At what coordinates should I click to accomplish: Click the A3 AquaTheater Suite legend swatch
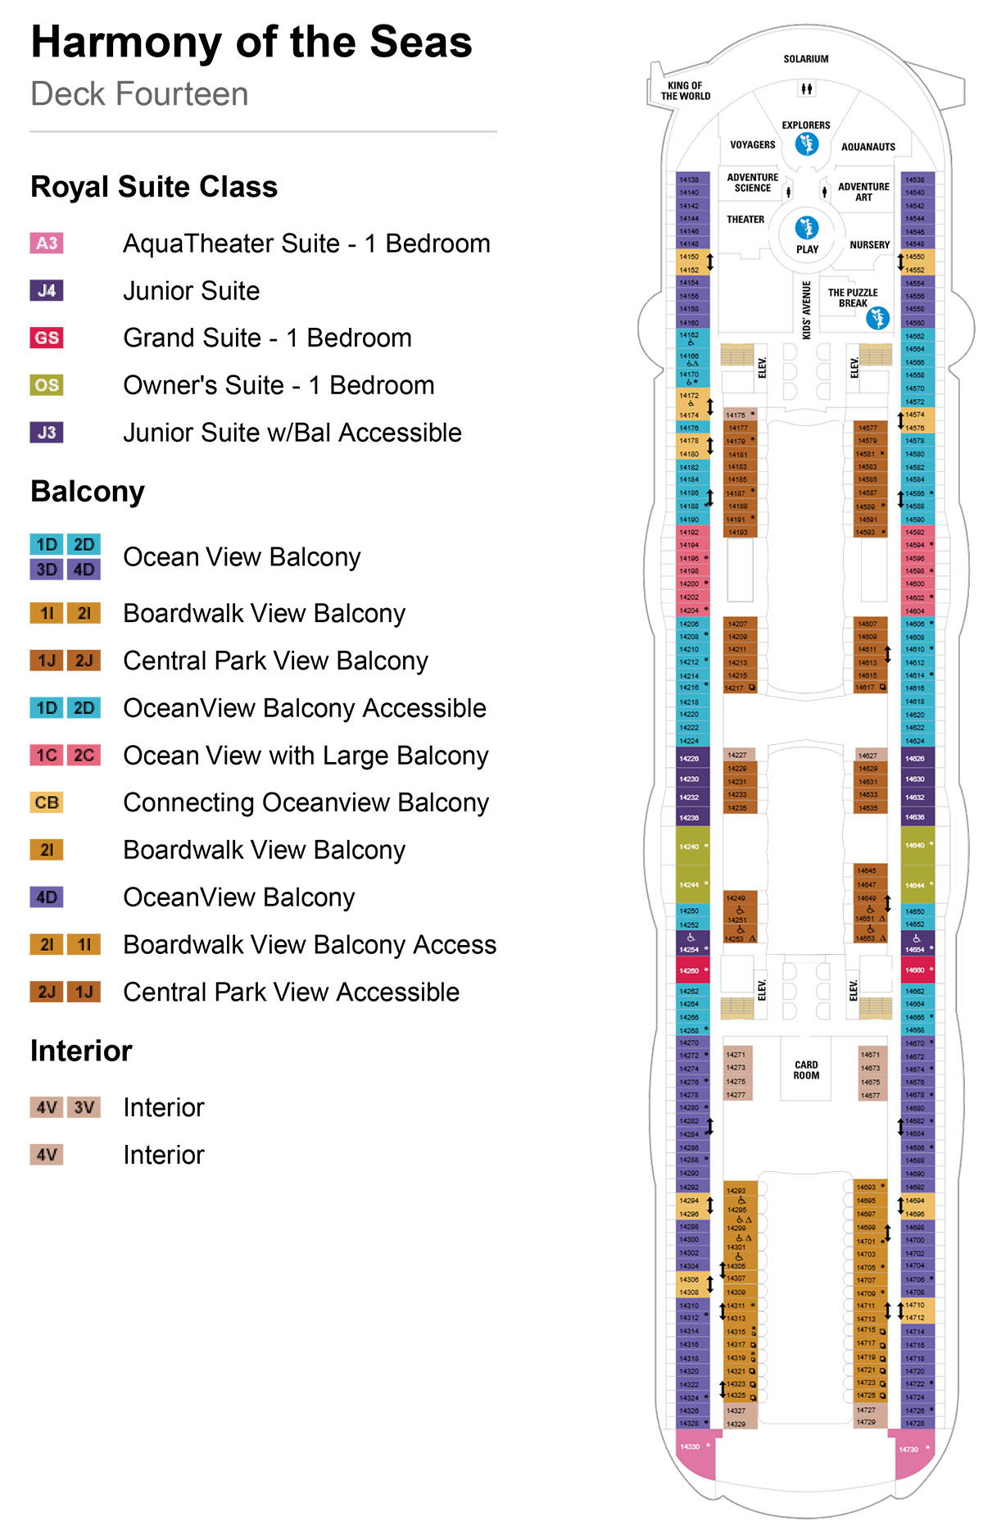click(x=47, y=243)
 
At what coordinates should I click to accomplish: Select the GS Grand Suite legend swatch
click(x=47, y=338)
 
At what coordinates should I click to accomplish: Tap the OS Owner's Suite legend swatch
click(x=47, y=385)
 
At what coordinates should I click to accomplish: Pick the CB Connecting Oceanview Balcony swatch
click(x=47, y=802)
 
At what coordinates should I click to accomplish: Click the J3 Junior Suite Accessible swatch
click(x=47, y=433)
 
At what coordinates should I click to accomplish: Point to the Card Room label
click(x=806, y=1070)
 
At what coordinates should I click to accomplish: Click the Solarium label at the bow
click(x=805, y=59)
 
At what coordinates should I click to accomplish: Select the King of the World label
click(x=686, y=91)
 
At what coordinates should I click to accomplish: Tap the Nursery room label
click(x=869, y=245)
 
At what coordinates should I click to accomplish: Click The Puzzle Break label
click(x=852, y=297)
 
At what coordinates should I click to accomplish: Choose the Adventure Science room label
click(x=752, y=183)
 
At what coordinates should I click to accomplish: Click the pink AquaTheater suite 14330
click(x=692, y=1447)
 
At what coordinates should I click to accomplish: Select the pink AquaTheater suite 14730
click(x=911, y=1450)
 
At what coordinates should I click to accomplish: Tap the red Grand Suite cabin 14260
click(x=691, y=970)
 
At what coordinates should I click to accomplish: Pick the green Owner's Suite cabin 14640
click(x=917, y=845)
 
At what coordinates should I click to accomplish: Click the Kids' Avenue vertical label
click(x=806, y=310)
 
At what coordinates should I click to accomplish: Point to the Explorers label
click(x=805, y=125)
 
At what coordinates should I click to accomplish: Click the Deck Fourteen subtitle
click(x=139, y=94)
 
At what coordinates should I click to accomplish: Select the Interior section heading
click(x=81, y=1051)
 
